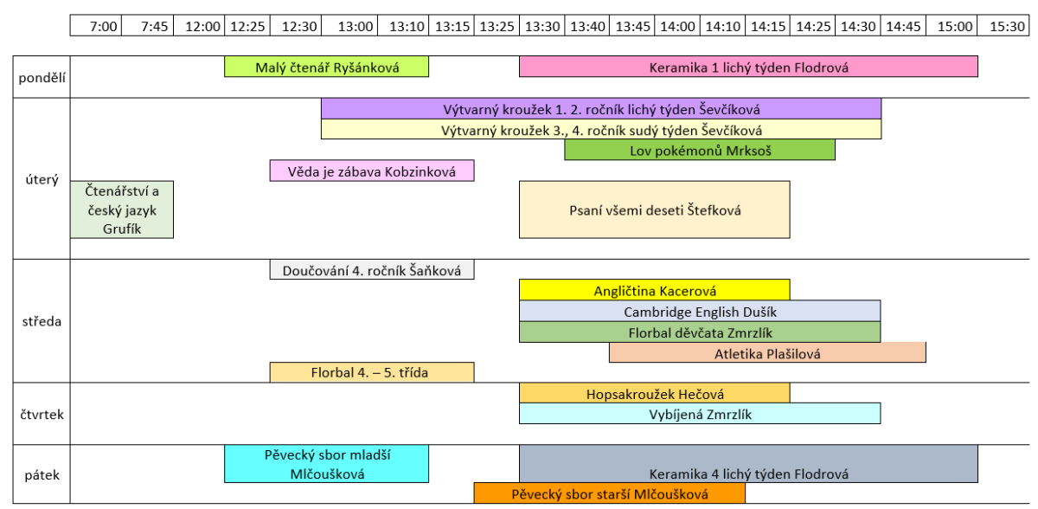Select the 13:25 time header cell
[497, 27]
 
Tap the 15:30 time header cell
[1007, 27]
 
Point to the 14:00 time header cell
[677, 27]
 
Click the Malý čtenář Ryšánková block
[326, 67]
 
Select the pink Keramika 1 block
[748, 67]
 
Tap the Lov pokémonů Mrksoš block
[700, 150]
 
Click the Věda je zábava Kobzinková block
[372, 171]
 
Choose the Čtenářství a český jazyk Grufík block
[122, 209]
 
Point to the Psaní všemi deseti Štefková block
[654, 209]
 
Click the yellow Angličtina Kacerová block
[654, 291]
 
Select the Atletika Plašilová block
[767, 353]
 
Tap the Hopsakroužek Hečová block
[654, 393]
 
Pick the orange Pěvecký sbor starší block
[609, 493]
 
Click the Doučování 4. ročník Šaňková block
[372, 270]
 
